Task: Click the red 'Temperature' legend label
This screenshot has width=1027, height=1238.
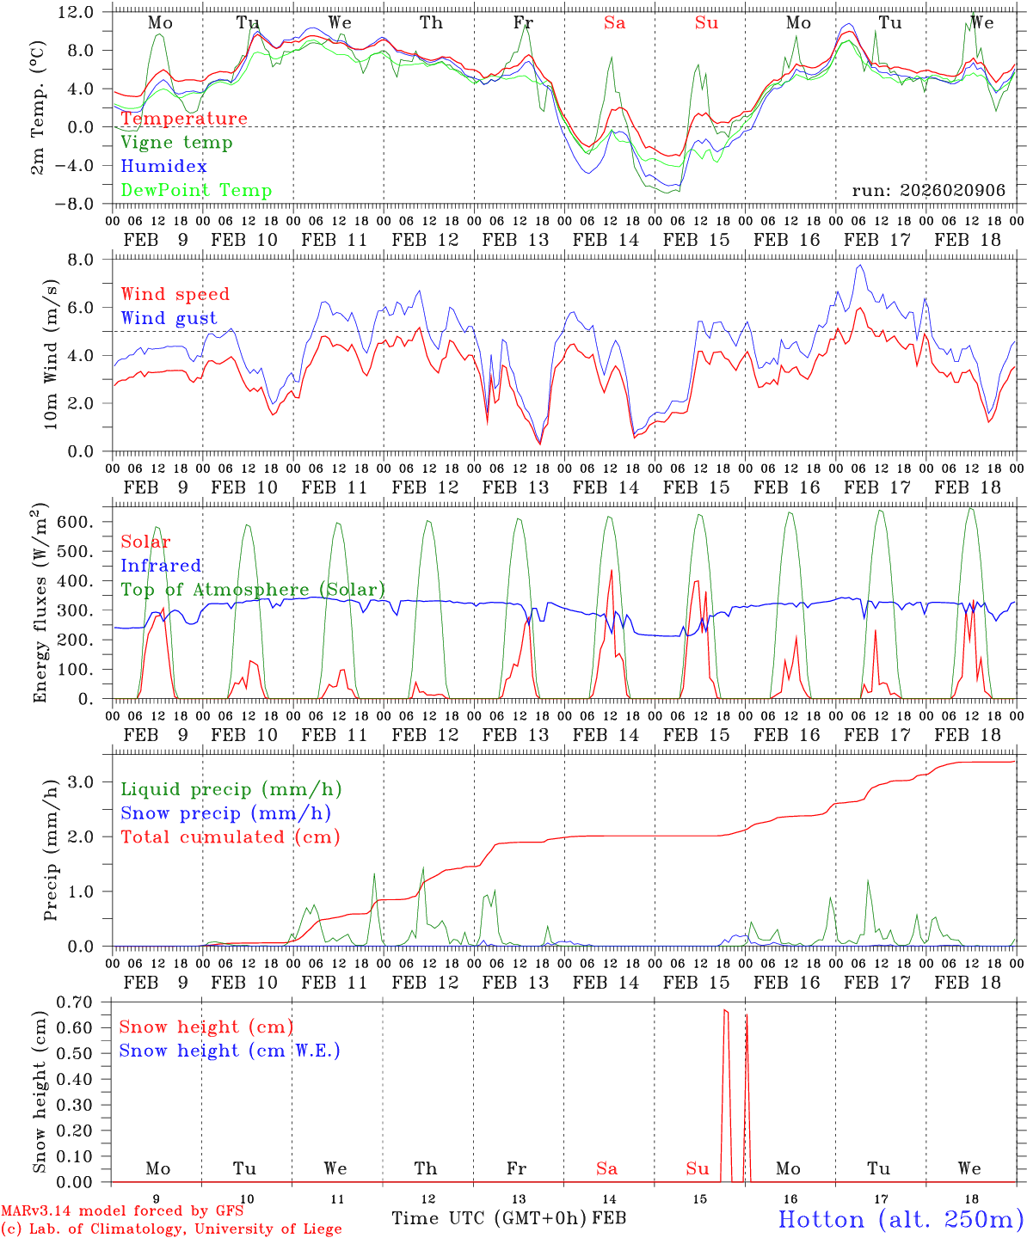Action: tap(184, 119)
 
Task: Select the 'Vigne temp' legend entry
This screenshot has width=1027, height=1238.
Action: tap(176, 143)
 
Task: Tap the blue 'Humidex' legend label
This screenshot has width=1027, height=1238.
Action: tap(163, 167)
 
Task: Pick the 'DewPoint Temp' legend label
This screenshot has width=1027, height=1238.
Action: tap(196, 191)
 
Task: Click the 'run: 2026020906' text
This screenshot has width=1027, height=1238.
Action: tap(928, 191)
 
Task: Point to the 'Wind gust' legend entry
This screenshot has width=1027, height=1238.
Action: tap(169, 318)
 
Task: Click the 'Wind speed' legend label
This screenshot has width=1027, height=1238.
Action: tap(175, 294)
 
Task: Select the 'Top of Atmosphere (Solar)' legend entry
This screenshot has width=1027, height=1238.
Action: tap(253, 590)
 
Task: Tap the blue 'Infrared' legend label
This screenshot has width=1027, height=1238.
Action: tap(161, 566)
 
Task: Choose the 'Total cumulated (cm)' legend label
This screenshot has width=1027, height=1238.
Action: tap(231, 837)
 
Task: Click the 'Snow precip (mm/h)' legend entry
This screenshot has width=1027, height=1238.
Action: tap(226, 813)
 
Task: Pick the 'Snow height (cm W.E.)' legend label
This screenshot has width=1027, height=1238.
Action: tap(230, 1051)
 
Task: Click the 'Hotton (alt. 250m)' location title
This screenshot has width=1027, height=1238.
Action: tap(901, 1219)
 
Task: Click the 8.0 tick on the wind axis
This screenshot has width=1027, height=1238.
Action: tap(85, 260)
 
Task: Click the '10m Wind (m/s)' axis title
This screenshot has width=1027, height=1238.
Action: tap(52, 354)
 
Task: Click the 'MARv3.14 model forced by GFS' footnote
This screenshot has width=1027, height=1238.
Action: tap(122, 1211)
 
